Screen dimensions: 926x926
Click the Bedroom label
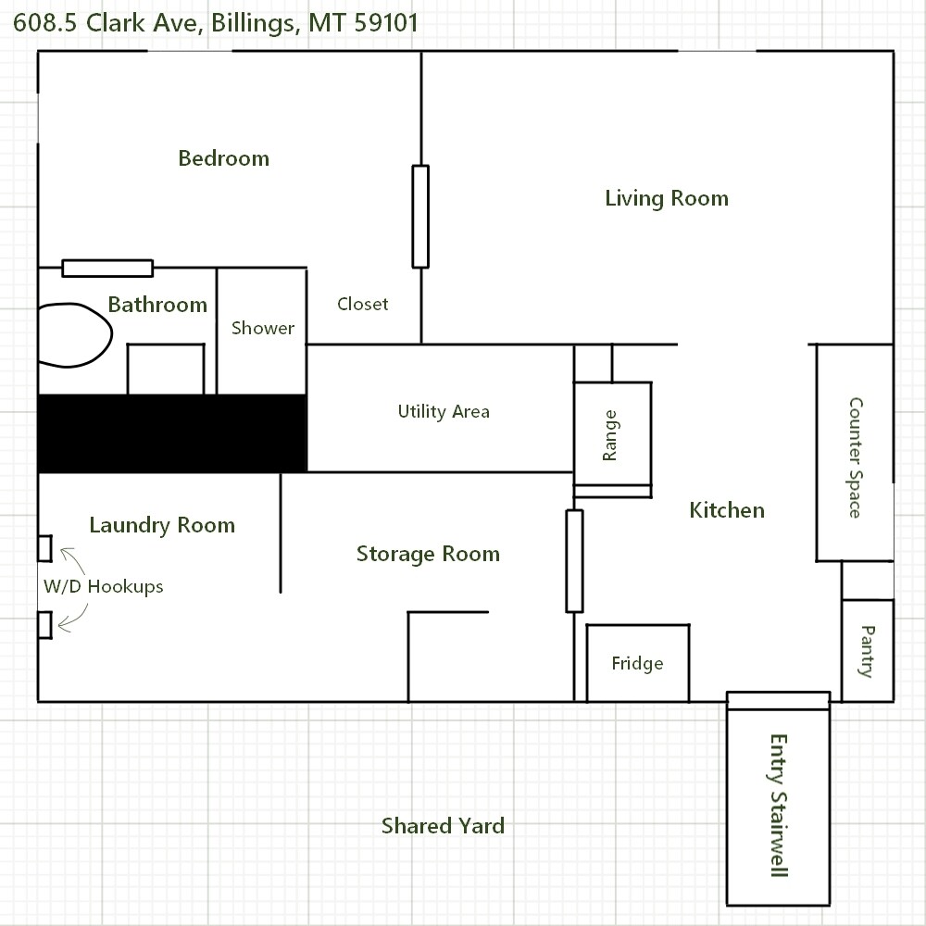click(224, 158)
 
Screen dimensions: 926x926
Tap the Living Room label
click(667, 198)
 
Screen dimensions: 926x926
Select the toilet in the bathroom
click(75, 335)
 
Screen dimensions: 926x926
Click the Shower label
click(263, 328)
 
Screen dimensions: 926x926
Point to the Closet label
click(363, 304)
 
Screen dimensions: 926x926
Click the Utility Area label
click(444, 411)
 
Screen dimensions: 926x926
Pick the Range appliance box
click(612, 433)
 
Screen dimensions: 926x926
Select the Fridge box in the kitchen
click(638, 663)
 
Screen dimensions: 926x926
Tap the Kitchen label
click(727, 510)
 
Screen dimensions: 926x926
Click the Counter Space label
click(855, 457)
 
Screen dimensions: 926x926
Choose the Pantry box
click(868, 651)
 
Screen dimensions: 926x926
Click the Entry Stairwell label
click(779, 806)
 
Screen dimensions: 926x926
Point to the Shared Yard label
click(443, 826)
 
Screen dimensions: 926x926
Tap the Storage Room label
click(428, 554)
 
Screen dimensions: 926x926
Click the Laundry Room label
click(162, 525)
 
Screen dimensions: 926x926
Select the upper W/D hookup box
click(44, 548)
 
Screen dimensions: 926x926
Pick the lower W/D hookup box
click(44, 625)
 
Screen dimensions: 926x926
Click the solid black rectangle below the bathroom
click(172, 433)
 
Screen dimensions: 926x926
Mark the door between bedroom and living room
click(420, 217)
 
